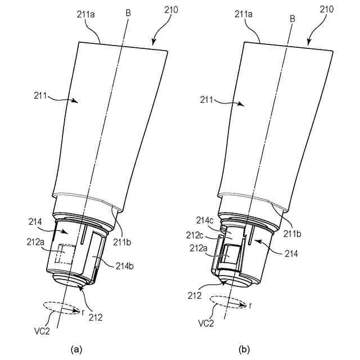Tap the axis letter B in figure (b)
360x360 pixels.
(x=292, y=19)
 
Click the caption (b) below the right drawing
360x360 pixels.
(x=244, y=349)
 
